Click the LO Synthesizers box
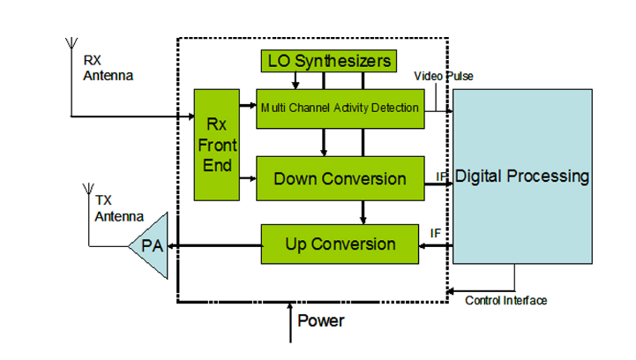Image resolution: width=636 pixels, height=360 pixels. [329, 61]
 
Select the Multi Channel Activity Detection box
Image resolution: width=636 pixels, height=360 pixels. [338, 109]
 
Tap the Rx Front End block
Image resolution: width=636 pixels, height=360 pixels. [216, 145]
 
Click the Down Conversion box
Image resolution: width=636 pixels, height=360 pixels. [340, 178]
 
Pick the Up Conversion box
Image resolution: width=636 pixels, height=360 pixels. [340, 244]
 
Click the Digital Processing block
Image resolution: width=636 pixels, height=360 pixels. [521, 176]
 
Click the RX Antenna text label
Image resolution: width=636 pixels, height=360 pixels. [108, 68]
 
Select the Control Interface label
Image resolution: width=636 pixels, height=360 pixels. [505, 301]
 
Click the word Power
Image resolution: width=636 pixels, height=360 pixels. [320, 320]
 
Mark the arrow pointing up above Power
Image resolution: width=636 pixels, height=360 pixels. [290, 321]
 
